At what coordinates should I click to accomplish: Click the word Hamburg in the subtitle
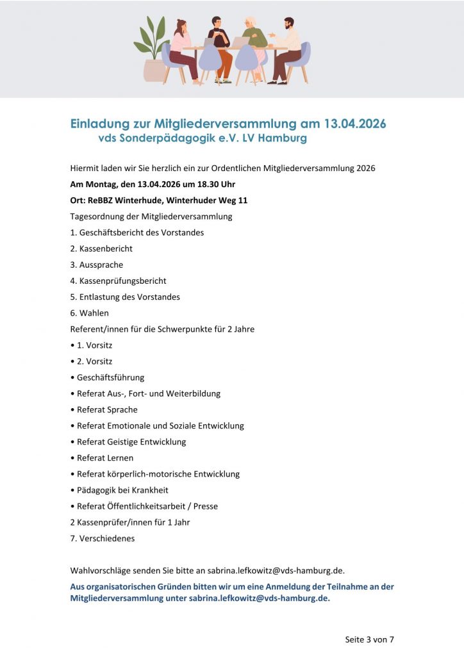click(283, 138)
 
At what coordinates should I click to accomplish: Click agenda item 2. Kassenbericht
click(101, 249)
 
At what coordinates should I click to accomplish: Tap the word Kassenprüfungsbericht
click(122, 281)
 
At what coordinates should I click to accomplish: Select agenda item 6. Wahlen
click(90, 313)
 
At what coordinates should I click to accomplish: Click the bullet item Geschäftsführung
click(110, 377)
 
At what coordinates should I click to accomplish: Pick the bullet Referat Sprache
click(107, 410)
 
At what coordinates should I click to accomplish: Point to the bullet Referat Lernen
click(104, 458)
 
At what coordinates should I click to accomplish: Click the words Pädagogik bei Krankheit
click(122, 491)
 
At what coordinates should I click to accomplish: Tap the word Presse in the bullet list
click(206, 507)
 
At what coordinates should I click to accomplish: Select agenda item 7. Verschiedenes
click(103, 539)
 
